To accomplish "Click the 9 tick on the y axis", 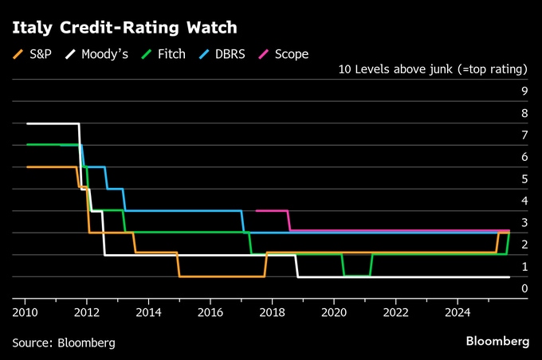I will (524, 92).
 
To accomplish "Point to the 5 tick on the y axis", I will (524, 179).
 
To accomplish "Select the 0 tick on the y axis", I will (524, 288).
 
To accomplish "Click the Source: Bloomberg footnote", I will (64, 342).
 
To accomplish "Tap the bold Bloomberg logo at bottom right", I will (497, 342).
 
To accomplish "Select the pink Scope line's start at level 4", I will (256, 211).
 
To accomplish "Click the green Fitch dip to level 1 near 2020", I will (356, 276).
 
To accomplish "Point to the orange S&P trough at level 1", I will (222, 276).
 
